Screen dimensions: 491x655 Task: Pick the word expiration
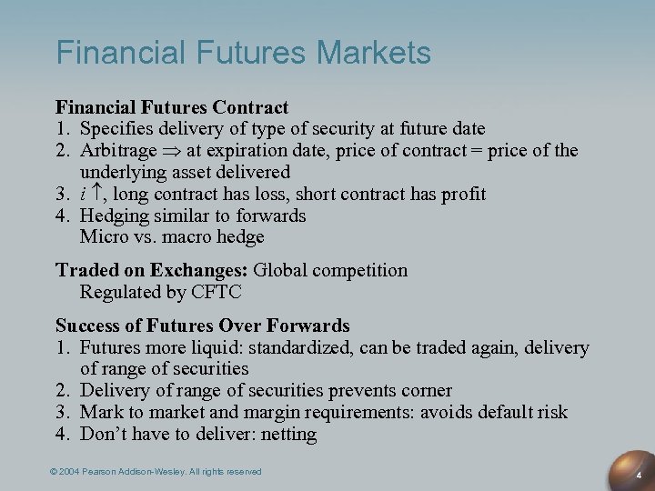(253, 150)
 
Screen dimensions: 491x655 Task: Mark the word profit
(459, 194)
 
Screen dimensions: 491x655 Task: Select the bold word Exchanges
(202, 270)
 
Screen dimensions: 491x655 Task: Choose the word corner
(425, 390)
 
